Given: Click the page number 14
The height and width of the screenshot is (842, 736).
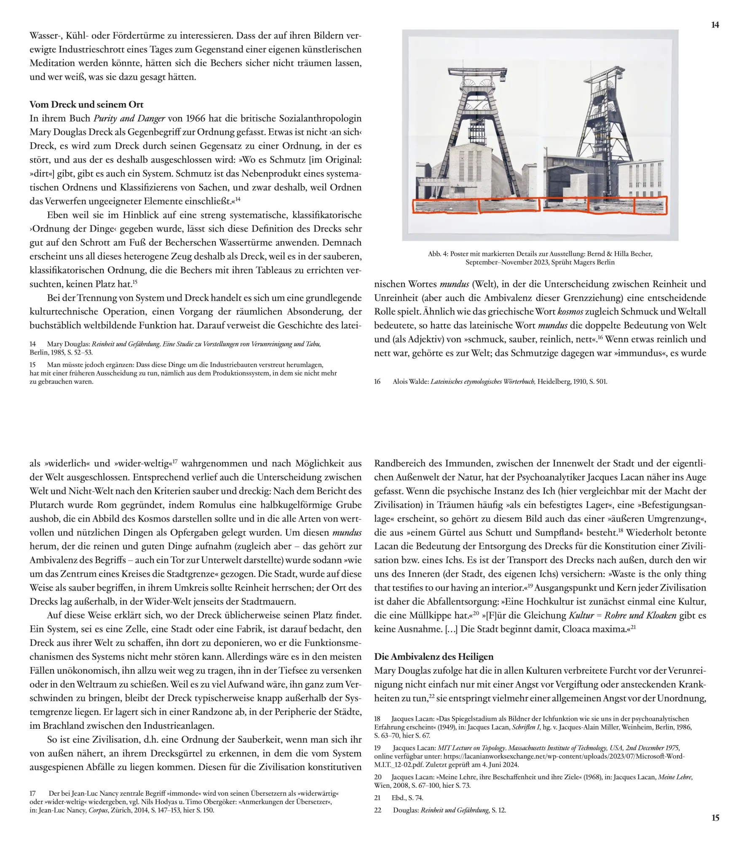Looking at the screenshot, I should (x=715, y=25).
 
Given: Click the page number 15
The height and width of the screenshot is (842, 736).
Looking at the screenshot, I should (x=715, y=818).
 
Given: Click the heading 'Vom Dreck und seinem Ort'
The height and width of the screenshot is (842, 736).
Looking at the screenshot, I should (x=86, y=104).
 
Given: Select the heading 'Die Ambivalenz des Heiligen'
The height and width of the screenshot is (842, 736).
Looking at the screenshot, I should (x=434, y=656).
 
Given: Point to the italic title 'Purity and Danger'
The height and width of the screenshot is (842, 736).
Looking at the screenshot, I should (x=129, y=118).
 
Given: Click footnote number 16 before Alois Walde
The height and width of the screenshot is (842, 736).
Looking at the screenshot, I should (x=377, y=381).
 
